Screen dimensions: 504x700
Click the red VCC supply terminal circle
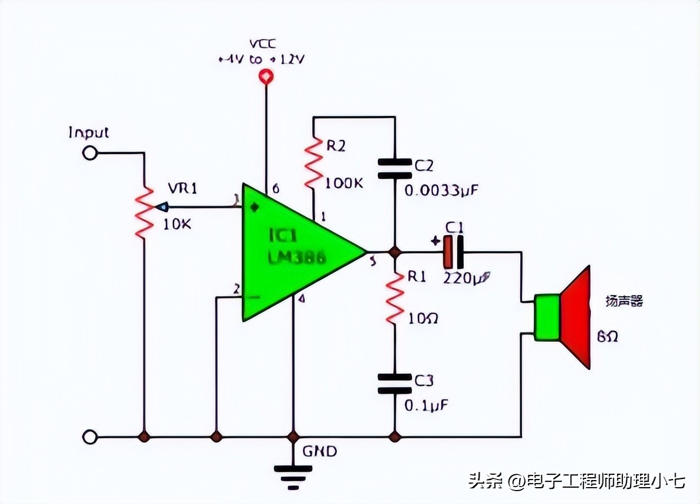pyautogui.click(x=266, y=77)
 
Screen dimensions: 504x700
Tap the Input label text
pyautogui.click(x=89, y=132)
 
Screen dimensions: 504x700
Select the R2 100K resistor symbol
pyautogui.click(x=314, y=163)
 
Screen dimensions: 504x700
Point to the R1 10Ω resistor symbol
pyautogui.click(x=395, y=297)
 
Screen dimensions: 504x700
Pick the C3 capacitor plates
pyautogui.click(x=395, y=383)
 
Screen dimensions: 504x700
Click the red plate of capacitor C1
pyautogui.click(x=448, y=252)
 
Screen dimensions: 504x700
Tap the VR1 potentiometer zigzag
pyautogui.click(x=143, y=210)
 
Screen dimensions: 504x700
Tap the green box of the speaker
pyautogui.click(x=548, y=318)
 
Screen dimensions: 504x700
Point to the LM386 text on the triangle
pyautogui.click(x=296, y=257)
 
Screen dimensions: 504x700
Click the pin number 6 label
pyautogui.click(x=275, y=189)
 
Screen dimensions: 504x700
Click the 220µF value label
pyautogui.click(x=467, y=278)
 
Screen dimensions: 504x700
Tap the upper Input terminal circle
pyautogui.click(x=90, y=153)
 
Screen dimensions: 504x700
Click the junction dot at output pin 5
pyautogui.click(x=395, y=252)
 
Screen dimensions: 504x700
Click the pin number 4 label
pyautogui.click(x=302, y=299)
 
